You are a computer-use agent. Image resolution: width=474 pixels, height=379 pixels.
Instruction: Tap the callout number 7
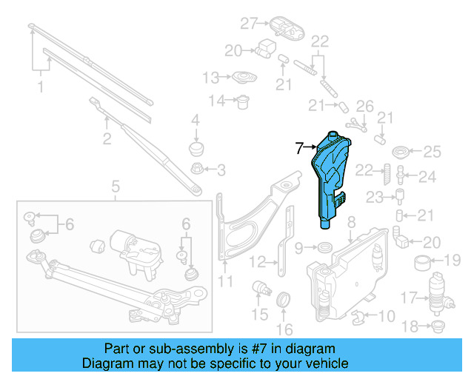(300, 148)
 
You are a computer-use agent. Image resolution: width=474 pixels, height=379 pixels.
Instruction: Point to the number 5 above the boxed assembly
(116, 186)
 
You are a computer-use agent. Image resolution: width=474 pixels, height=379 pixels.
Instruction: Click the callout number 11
(226, 281)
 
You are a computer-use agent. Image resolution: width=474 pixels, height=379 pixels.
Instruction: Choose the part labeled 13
(242, 78)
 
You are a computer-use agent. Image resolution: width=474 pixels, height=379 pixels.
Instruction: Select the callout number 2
(107, 138)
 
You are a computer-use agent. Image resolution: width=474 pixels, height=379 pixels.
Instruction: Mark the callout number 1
(41, 87)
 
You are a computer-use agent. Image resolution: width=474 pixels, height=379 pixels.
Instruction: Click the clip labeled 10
(359, 319)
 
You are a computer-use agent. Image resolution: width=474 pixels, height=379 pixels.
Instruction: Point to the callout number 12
(256, 261)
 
